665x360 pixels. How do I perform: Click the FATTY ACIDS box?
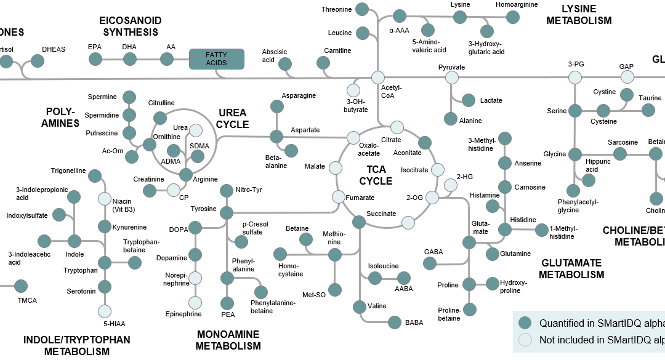[216, 59]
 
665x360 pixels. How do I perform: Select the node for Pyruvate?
[452, 78]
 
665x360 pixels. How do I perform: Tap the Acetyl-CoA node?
[378, 78]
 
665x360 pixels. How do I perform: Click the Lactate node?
[469, 100]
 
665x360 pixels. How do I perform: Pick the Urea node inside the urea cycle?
[196, 130]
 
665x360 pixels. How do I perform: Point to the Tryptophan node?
[105, 263]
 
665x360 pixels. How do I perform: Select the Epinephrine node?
[195, 302]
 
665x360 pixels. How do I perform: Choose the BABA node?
[395, 321]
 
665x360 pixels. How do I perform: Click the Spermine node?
[129, 97]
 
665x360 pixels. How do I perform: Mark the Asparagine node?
[277, 106]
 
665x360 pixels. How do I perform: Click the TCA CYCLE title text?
[376, 175]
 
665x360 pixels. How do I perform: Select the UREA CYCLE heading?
[233, 119]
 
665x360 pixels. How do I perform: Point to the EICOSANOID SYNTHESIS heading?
[131, 26]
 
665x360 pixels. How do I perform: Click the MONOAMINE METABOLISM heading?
[228, 340]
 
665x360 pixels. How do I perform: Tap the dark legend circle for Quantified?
[525, 323]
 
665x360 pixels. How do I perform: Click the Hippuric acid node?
[589, 180]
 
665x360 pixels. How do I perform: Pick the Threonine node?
[363, 9]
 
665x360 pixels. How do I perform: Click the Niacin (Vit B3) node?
[105, 199]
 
